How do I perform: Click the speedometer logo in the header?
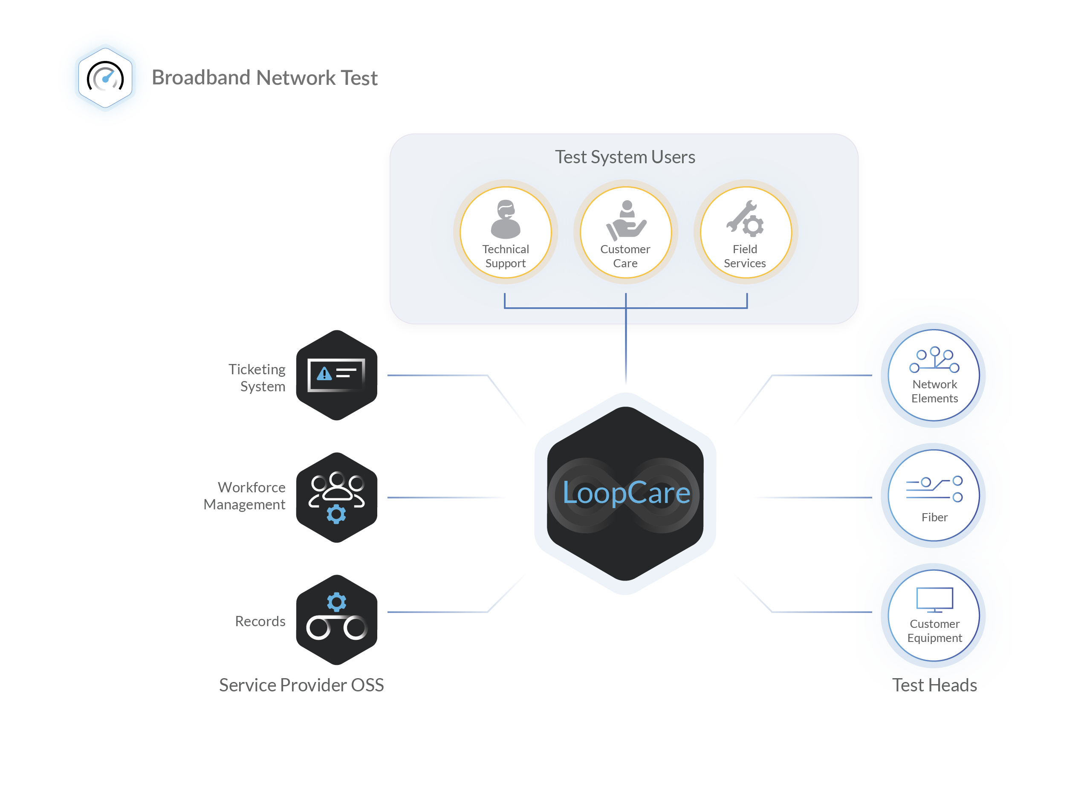105,78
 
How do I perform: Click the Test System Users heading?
625,157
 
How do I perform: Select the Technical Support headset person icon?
506,220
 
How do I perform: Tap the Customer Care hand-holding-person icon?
626,221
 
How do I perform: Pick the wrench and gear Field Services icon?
745,219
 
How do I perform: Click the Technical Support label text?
506,257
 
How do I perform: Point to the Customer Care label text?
625,257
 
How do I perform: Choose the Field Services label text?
745,257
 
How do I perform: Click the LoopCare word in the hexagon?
626,493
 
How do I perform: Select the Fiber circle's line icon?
934,489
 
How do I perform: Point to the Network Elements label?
934,392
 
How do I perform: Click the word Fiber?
934,517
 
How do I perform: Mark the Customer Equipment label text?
934,631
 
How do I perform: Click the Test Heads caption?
934,685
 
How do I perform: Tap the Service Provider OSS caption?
301,686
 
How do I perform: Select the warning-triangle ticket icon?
336,374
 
